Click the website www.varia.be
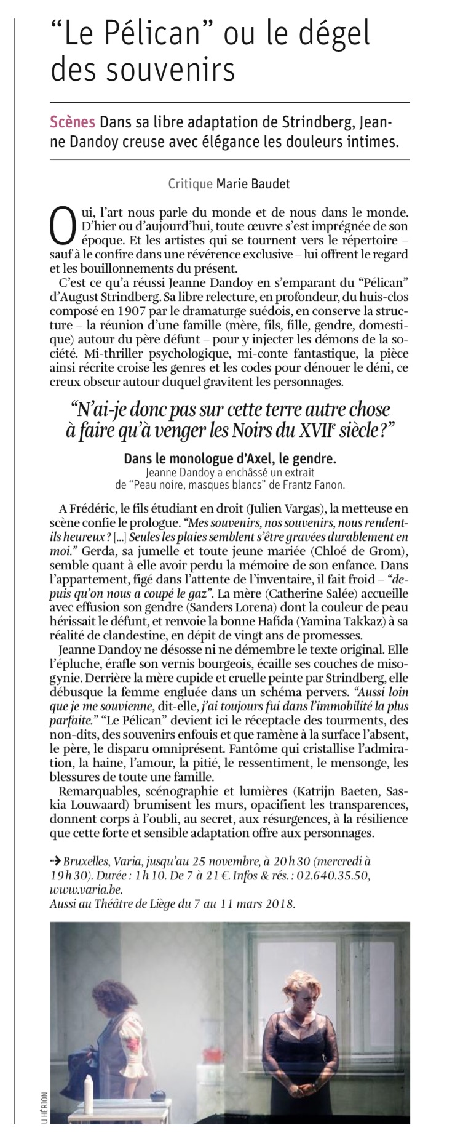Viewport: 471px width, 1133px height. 85,890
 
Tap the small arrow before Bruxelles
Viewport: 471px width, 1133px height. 55,862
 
